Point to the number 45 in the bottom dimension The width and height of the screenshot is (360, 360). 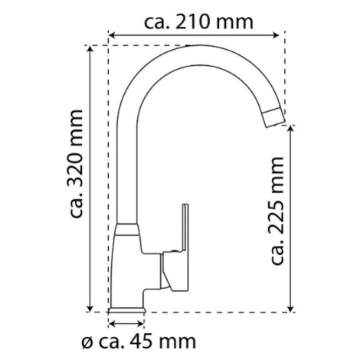click(140, 342)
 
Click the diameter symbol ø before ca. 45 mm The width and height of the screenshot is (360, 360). click(87, 342)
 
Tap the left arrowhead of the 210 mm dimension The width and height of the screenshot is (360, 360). click(113, 35)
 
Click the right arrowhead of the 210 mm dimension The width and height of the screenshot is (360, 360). click(277, 35)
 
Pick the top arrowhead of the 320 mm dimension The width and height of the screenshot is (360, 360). click(90, 49)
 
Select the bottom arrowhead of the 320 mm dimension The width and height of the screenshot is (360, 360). click(90, 308)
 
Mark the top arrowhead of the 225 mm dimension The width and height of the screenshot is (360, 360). click(290, 129)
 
